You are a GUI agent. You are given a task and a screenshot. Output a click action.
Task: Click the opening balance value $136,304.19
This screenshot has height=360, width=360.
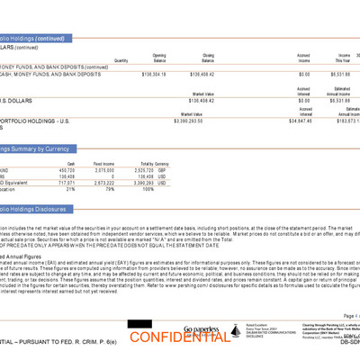pyautogui.click(x=153, y=74)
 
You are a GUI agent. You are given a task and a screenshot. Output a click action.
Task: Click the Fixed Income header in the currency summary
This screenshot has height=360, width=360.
pyautogui.click(x=103, y=163)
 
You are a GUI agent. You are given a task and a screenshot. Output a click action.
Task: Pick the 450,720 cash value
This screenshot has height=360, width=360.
pyautogui.click(x=66, y=169)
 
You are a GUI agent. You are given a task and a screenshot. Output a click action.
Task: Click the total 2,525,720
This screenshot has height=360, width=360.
pyautogui.click(x=140, y=169)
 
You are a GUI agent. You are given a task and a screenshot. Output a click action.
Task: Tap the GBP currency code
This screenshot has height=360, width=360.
pyautogui.click(x=163, y=169)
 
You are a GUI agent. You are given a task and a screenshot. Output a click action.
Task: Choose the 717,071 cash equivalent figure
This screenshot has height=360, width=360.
pyautogui.click(x=66, y=182)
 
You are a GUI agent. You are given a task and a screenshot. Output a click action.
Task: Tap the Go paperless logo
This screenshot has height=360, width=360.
pyautogui.click(x=202, y=329)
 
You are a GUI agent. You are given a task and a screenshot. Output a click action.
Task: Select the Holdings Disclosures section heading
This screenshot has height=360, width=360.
pyautogui.click(x=36, y=209)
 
